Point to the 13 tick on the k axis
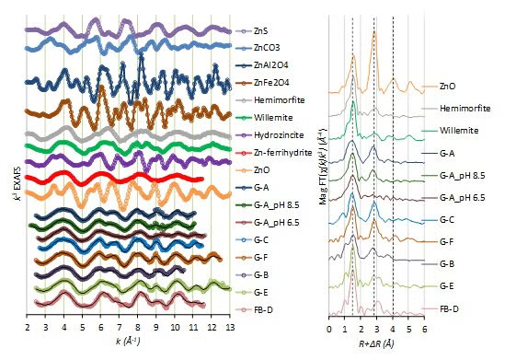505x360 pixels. tap(230, 327)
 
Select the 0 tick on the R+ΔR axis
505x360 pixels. tap(328, 328)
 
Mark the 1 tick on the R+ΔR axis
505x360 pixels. tap(344, 328)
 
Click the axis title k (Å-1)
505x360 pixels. tap(129, 341)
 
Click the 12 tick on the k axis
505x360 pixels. tap(212, 327)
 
